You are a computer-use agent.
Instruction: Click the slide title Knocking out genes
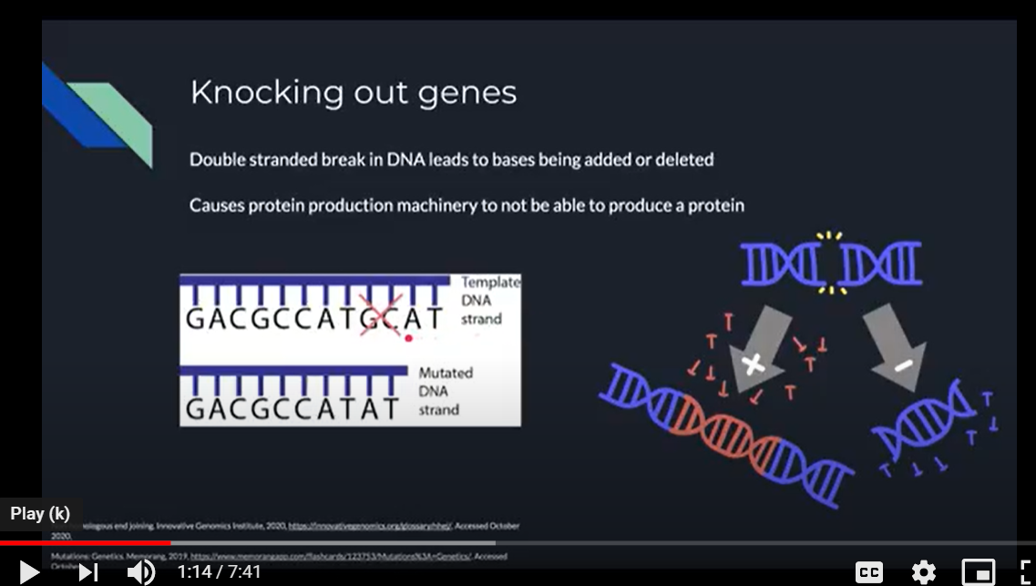353,92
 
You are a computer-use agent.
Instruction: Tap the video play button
28,571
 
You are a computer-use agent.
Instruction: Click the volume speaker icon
140,571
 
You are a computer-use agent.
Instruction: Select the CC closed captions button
868,572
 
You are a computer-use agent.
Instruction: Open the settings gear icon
923,572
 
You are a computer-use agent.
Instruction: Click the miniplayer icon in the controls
978,572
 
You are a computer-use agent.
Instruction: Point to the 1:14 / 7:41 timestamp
219,572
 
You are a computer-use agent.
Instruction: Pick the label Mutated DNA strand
446,391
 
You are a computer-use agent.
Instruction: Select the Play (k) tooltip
40,513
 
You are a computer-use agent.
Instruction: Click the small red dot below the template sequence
408,338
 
